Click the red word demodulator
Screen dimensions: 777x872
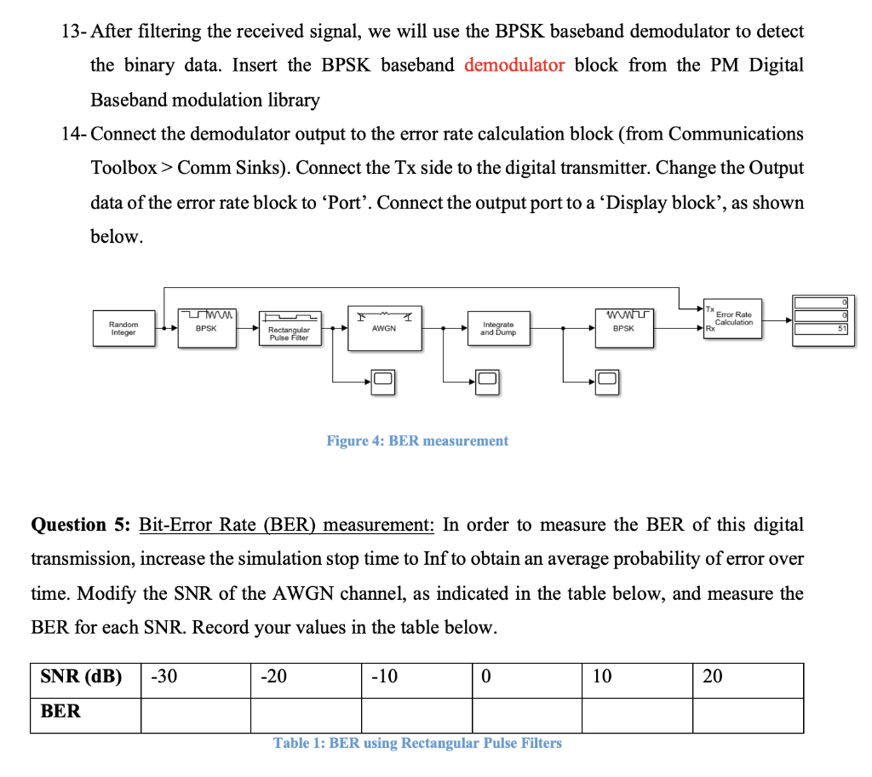point(514,66)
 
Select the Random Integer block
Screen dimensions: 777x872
point(123,328)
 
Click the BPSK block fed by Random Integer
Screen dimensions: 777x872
point(205,328)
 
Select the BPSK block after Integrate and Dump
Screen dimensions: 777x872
point(623,328)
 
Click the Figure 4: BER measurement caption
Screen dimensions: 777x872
point(417,440)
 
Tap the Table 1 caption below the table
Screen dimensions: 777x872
point(417,743)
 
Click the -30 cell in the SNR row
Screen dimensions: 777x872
point(194,677)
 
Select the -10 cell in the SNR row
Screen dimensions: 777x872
point(416,677)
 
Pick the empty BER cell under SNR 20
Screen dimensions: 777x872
point(747,714)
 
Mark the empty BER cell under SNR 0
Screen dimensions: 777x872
point(526,714)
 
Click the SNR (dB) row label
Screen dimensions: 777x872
point(81,677)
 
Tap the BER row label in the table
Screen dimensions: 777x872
point(60,711)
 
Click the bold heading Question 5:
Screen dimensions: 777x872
point(80,524)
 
